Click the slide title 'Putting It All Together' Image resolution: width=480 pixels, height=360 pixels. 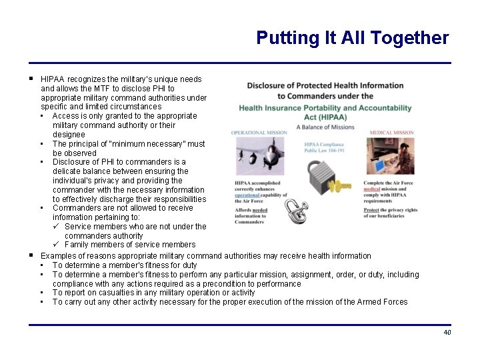(x=352, y=38)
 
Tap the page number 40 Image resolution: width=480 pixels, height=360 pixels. (x=447, y=333)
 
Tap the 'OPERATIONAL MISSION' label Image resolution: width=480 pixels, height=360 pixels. (x=259, y=133)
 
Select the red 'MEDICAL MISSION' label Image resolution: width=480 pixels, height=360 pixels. (x=391, y=133)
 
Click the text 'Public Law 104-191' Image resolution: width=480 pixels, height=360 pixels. (x=325, y=151)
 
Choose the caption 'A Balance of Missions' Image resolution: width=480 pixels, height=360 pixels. (x=325, y=127)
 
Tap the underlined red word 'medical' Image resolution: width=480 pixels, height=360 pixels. (x=371, y=189)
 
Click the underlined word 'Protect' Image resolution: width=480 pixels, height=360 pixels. (x=371, y=210)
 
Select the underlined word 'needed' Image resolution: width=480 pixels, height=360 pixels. (x=259, y=210)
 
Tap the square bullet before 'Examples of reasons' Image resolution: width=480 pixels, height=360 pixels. (x=31, y=255)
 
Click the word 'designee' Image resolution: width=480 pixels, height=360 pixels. (x=69, y=134)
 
